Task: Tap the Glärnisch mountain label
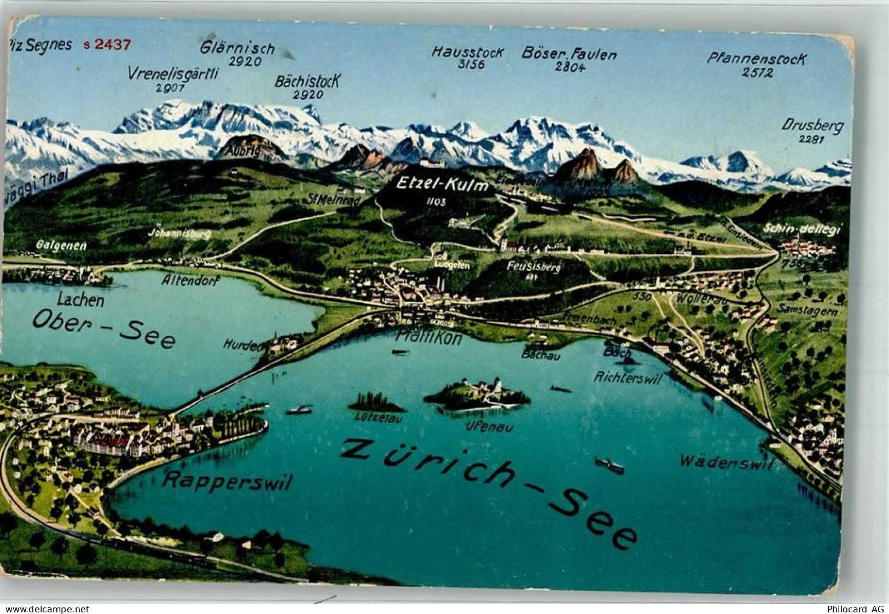point(237,48)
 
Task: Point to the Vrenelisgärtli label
point(173,73)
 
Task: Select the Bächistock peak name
point(308,82)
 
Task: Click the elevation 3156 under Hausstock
point(467,65)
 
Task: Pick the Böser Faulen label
point(569,54)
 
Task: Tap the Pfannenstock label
point(756,58)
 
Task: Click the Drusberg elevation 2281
point(811,139)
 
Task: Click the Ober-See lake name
point(104,328)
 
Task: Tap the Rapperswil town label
point(228,481)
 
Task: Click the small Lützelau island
point(376,404)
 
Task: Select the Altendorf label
point(191,281)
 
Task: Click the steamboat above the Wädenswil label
point(609,465)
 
